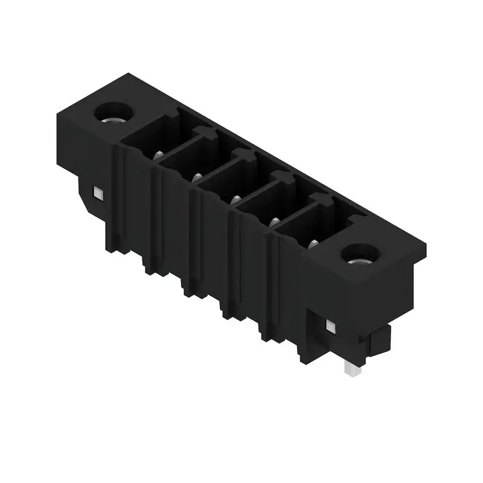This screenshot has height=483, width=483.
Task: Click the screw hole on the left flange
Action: click(112, 112)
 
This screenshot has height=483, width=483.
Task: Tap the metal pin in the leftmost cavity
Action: click(159, 155)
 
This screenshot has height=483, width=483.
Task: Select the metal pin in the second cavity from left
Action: click(197, 177)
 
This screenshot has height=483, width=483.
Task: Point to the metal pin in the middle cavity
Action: click(235, 199)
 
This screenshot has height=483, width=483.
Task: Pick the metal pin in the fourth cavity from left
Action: click(273, 222)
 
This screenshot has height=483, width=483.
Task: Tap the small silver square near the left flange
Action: click(97, 193)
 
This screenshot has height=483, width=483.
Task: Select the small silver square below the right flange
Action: click(330, 327)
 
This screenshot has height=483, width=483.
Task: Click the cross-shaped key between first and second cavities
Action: click(203, 134)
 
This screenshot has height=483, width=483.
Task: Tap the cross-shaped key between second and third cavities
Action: click(243, 156)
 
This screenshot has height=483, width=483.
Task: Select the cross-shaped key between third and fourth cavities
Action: click(281, 178)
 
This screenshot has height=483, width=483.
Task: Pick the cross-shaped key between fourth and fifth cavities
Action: click(320, 200)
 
